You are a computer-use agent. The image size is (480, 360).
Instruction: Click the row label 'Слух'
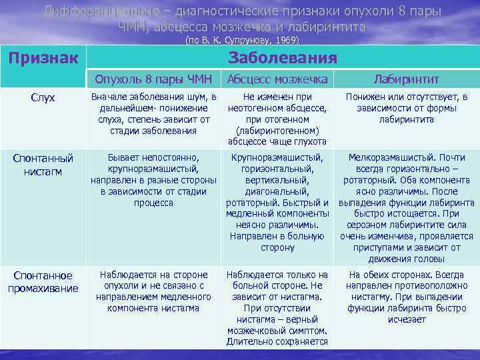click(43, 98)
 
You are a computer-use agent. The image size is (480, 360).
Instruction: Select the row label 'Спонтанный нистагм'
click(43, 164)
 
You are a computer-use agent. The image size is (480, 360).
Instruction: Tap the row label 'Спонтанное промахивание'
click(43, 281)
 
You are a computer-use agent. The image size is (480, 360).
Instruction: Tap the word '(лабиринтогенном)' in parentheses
click(277, 130)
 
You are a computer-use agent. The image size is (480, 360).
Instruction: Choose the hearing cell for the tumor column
click(153, 114)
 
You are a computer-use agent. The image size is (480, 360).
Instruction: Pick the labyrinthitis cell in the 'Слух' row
click(406, 108)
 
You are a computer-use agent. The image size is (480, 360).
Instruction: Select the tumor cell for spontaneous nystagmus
click(153, 180)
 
